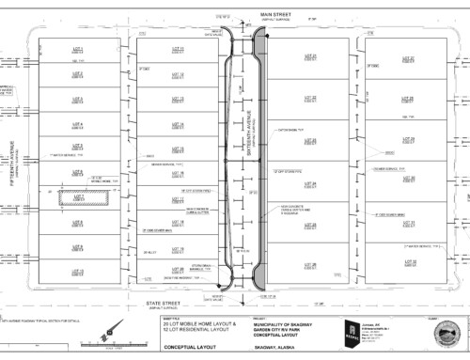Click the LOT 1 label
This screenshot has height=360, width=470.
tap(78, 49)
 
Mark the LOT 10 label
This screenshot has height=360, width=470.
tap(78, 272)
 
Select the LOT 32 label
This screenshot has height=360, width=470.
tap(409, 262)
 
